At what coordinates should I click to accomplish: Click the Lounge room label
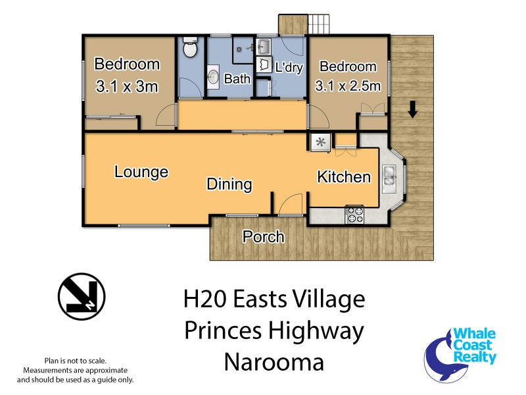(141, 172)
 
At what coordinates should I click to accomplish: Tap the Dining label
(229, 184)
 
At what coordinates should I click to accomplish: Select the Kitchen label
(344, 176)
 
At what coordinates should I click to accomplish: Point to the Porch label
(264, 236)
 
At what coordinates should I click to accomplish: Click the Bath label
(237, 79)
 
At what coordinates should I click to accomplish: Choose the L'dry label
(288, 67)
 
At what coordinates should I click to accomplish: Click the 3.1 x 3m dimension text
(127, 86)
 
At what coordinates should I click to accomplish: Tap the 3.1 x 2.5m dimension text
(348, 86)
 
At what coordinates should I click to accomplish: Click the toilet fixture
(190, 48)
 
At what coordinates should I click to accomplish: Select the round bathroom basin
(214, 77)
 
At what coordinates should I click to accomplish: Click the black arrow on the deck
(412, 109)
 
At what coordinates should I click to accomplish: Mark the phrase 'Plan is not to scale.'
(75, 361)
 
